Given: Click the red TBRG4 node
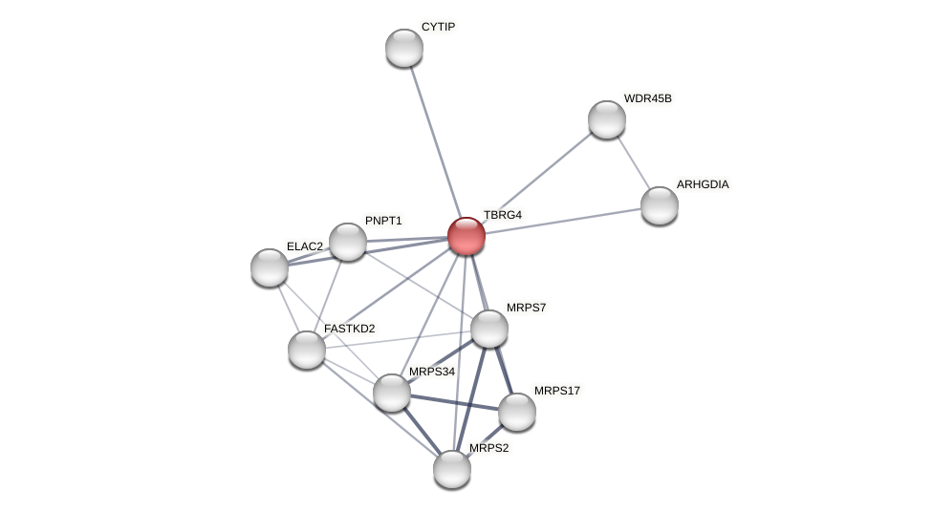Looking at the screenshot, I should coord(466,236).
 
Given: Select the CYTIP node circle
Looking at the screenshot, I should coord(404,48).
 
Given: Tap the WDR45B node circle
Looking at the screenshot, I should coord(607,119).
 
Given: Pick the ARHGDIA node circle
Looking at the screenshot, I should coord(660,205).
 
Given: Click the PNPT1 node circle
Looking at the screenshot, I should coord(348,242).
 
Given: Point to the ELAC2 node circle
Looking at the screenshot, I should coord(270,267).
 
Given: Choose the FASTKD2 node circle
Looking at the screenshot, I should coord(307,350).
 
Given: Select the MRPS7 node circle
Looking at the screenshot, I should coord(489,329).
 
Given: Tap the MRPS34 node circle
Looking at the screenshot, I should coord(392,393).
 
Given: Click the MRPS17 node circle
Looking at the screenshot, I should coord(517,412).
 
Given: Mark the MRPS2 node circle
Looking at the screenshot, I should coord(452,469).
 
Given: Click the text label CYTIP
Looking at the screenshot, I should coord(439,27).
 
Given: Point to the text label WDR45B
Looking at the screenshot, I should coord(648,98).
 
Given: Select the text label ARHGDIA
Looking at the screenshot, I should coord(703,184).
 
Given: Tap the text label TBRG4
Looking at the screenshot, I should coord(503,215).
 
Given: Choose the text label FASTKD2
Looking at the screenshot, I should coord(350,329).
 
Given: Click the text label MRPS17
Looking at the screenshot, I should coord(557,391).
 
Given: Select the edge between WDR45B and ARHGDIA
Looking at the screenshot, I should coord(633,161).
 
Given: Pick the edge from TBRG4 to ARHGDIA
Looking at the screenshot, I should coord(563,221).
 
